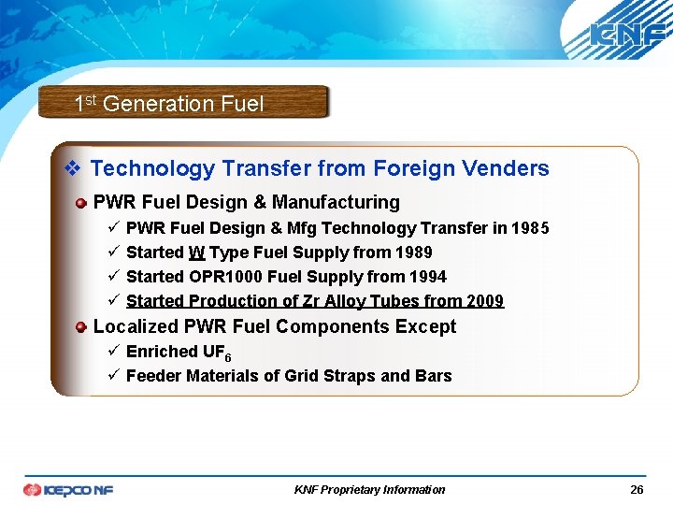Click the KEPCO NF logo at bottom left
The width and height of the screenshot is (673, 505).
pyautogui.click(x=68, y=489)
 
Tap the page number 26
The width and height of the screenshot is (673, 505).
pyautogui.click(x=637, y=489)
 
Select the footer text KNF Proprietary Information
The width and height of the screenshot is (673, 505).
pyautogui.click(x=369, y=489)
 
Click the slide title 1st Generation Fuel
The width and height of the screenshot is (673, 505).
pyautogui.click(x=169, y=104)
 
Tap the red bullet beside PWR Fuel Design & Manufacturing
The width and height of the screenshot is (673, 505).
pyautogui.click(x=82, y=203)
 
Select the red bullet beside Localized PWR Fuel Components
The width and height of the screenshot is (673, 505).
pyautogui.click(x=82, y=327)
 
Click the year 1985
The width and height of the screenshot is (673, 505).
pyautogui.click(x=530, y=228)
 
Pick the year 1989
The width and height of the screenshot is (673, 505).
pyautogui.click(x=413, y=252)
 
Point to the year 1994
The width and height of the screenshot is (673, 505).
pyautogui.click(x=427, y=277)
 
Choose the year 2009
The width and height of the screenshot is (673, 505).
pyautogui.click(x=484, y=301)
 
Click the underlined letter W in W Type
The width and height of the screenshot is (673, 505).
pyautogui.click(x=196, y=252)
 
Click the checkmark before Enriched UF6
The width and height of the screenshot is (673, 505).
pyautogui.click(x=111, y=352)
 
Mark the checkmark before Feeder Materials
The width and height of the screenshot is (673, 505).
pyautogui.click(x=111, y=376)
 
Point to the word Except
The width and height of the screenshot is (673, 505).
pyautogui.click(x=425, y=326)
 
